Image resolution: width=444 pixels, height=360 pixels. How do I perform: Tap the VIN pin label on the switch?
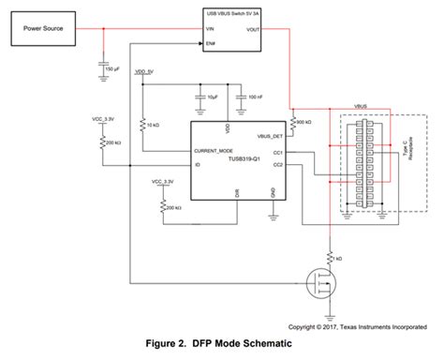pyautogui.click(x=211, y=29)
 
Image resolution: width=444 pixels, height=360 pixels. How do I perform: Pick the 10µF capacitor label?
pyautogui.click(x=214, y=97)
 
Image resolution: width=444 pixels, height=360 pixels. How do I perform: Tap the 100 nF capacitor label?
pyautogui.click(x=255, y=97)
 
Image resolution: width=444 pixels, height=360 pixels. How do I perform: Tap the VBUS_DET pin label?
pyautogui.click(x=268, y=135)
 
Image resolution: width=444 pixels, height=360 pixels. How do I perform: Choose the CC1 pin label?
pyautogui.click(x=276, y=151)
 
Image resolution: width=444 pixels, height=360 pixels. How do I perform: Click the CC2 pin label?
pyautogui.click(x=276, y=165)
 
